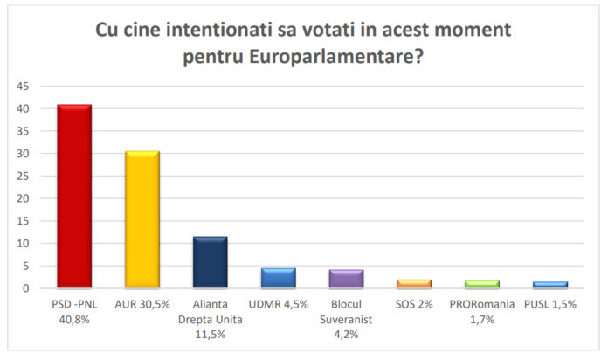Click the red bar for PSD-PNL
click(74, 196)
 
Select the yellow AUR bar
click(142, 219)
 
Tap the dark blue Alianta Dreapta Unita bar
click(211, 261)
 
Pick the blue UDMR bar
click(278, 278)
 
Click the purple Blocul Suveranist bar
click(346, 279)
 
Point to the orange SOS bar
click(414, 283)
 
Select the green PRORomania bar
click(482, 284)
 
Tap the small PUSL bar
click(550, 285)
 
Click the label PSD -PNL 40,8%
click(74, 311)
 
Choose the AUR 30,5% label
click(142, 304)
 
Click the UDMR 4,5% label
click(278, 304)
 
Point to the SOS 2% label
click(414, 304)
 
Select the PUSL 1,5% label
click(550, 304)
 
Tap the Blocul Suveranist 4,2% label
click(346, 319)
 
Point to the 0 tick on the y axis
click(25, 288)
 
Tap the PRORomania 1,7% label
click(482, 311)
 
